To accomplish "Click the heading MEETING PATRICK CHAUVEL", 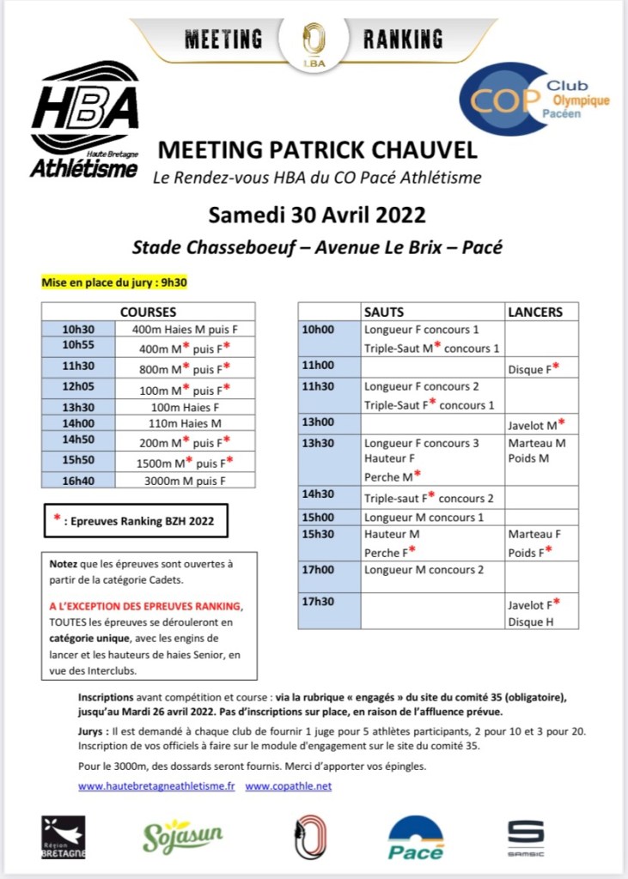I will [317, 150].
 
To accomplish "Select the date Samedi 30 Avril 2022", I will [317, 213].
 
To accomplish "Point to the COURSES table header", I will [148, 312].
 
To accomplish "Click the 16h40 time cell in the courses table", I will [77, 480].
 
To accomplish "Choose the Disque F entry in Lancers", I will [533, 370].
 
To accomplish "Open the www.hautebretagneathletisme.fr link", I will [156, 785].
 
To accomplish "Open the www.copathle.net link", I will [288, 785].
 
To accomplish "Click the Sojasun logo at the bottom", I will [182, 836].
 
